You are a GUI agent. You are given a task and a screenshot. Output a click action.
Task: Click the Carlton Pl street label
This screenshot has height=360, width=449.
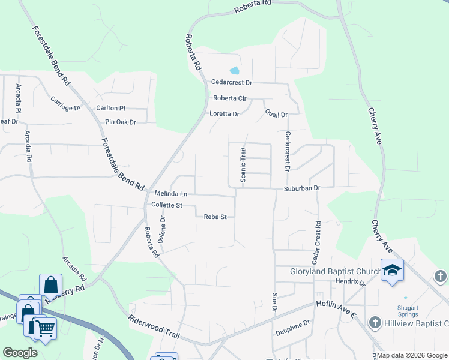point(110,108)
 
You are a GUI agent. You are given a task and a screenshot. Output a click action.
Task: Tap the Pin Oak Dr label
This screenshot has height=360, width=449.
point(121,122)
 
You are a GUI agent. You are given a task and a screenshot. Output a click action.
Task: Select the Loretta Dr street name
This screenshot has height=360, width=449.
point(224,114)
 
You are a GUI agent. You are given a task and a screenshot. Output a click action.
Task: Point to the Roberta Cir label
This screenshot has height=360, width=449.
point(230,98)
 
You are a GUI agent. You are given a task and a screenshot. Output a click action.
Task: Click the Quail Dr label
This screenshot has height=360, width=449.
point(276,114)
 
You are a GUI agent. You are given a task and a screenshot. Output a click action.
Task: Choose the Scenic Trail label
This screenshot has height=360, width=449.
point(243,165)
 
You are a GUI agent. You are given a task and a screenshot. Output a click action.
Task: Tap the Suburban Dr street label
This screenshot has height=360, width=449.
point(303,188)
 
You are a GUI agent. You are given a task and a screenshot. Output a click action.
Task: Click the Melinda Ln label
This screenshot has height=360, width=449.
point(171,194)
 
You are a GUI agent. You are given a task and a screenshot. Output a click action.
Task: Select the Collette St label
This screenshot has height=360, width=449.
point(166,205)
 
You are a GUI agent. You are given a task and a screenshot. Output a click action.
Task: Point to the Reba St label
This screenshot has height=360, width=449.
point(215,217)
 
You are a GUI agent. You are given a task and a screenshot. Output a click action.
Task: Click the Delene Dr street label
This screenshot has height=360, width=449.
point(161,229)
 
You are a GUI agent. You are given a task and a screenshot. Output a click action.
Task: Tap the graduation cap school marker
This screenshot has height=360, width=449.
point(392,271)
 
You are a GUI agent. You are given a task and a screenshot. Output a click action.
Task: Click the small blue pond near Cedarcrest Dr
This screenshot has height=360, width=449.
point(232,70)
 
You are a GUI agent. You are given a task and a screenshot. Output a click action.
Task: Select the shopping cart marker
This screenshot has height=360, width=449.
point(44,329)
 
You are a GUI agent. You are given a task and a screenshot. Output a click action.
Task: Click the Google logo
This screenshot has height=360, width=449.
point(20,353)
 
